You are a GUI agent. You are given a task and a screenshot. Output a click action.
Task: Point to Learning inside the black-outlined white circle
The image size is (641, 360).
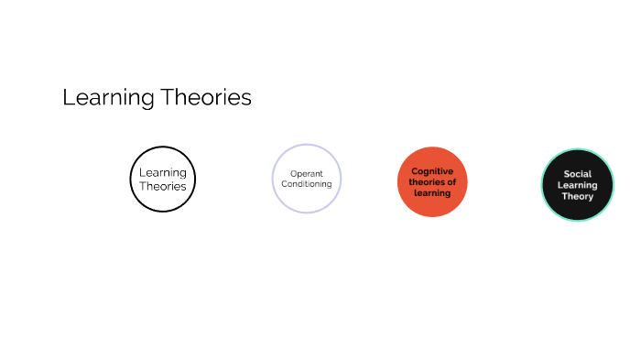[163, 172]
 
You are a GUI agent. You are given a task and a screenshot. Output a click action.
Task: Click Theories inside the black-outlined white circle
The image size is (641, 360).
[163, 186]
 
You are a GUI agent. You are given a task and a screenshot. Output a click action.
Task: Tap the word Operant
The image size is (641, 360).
[307, 173]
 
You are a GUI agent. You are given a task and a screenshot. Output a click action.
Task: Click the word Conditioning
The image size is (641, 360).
[307, 184]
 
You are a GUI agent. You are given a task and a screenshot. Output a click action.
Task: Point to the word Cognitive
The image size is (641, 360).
[432, 170]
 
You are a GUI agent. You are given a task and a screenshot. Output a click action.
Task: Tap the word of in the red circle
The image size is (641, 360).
[451, 181]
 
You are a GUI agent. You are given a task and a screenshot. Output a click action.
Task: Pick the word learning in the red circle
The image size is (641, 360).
[432, 193]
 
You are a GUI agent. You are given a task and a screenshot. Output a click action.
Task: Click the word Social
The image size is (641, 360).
[577, 173]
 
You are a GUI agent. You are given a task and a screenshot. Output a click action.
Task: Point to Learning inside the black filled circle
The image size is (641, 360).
[577, 185]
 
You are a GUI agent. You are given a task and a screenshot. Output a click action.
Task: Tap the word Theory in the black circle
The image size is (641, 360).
[577, 196]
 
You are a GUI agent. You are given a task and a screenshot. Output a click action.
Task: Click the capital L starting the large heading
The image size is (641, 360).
[68, 97]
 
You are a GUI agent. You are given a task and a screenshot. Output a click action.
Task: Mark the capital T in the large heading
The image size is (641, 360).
[166, 97]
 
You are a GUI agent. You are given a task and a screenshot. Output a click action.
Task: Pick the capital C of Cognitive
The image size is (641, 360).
[415, 170]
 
